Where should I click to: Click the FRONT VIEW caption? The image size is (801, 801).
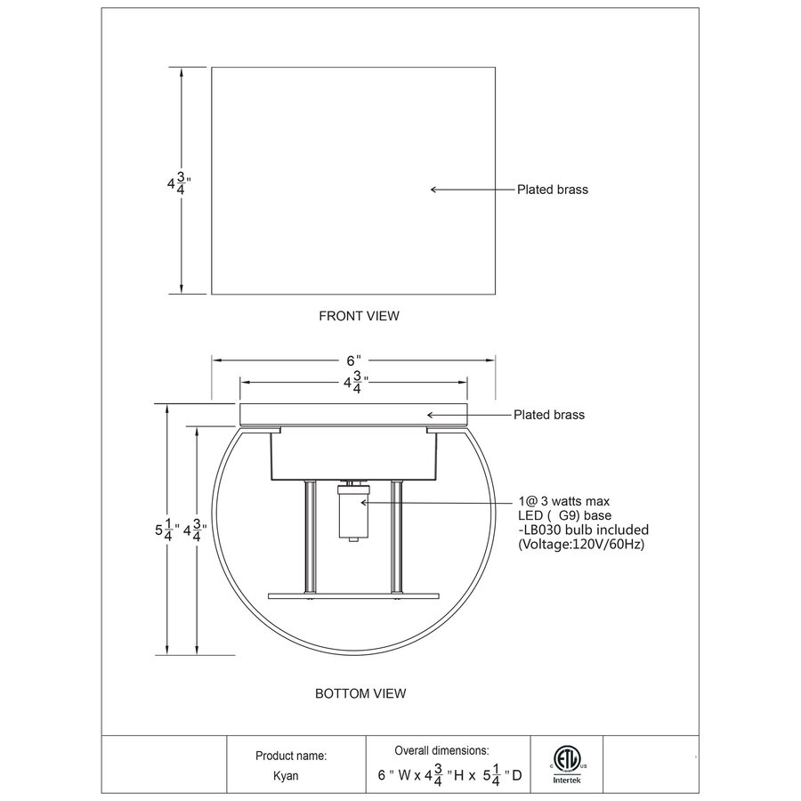359,315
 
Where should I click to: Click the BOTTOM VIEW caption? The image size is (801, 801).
360,692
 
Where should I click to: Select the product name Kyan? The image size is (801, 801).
285,775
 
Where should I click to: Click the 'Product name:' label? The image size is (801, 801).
291,755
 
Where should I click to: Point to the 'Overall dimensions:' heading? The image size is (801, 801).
441,751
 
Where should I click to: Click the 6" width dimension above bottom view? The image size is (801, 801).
352,360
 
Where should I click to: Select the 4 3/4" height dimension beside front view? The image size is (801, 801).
178,184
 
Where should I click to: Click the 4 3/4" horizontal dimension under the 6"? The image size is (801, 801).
353,384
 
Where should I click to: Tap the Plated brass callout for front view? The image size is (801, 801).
553,190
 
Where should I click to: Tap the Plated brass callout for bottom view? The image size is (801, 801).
549,415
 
